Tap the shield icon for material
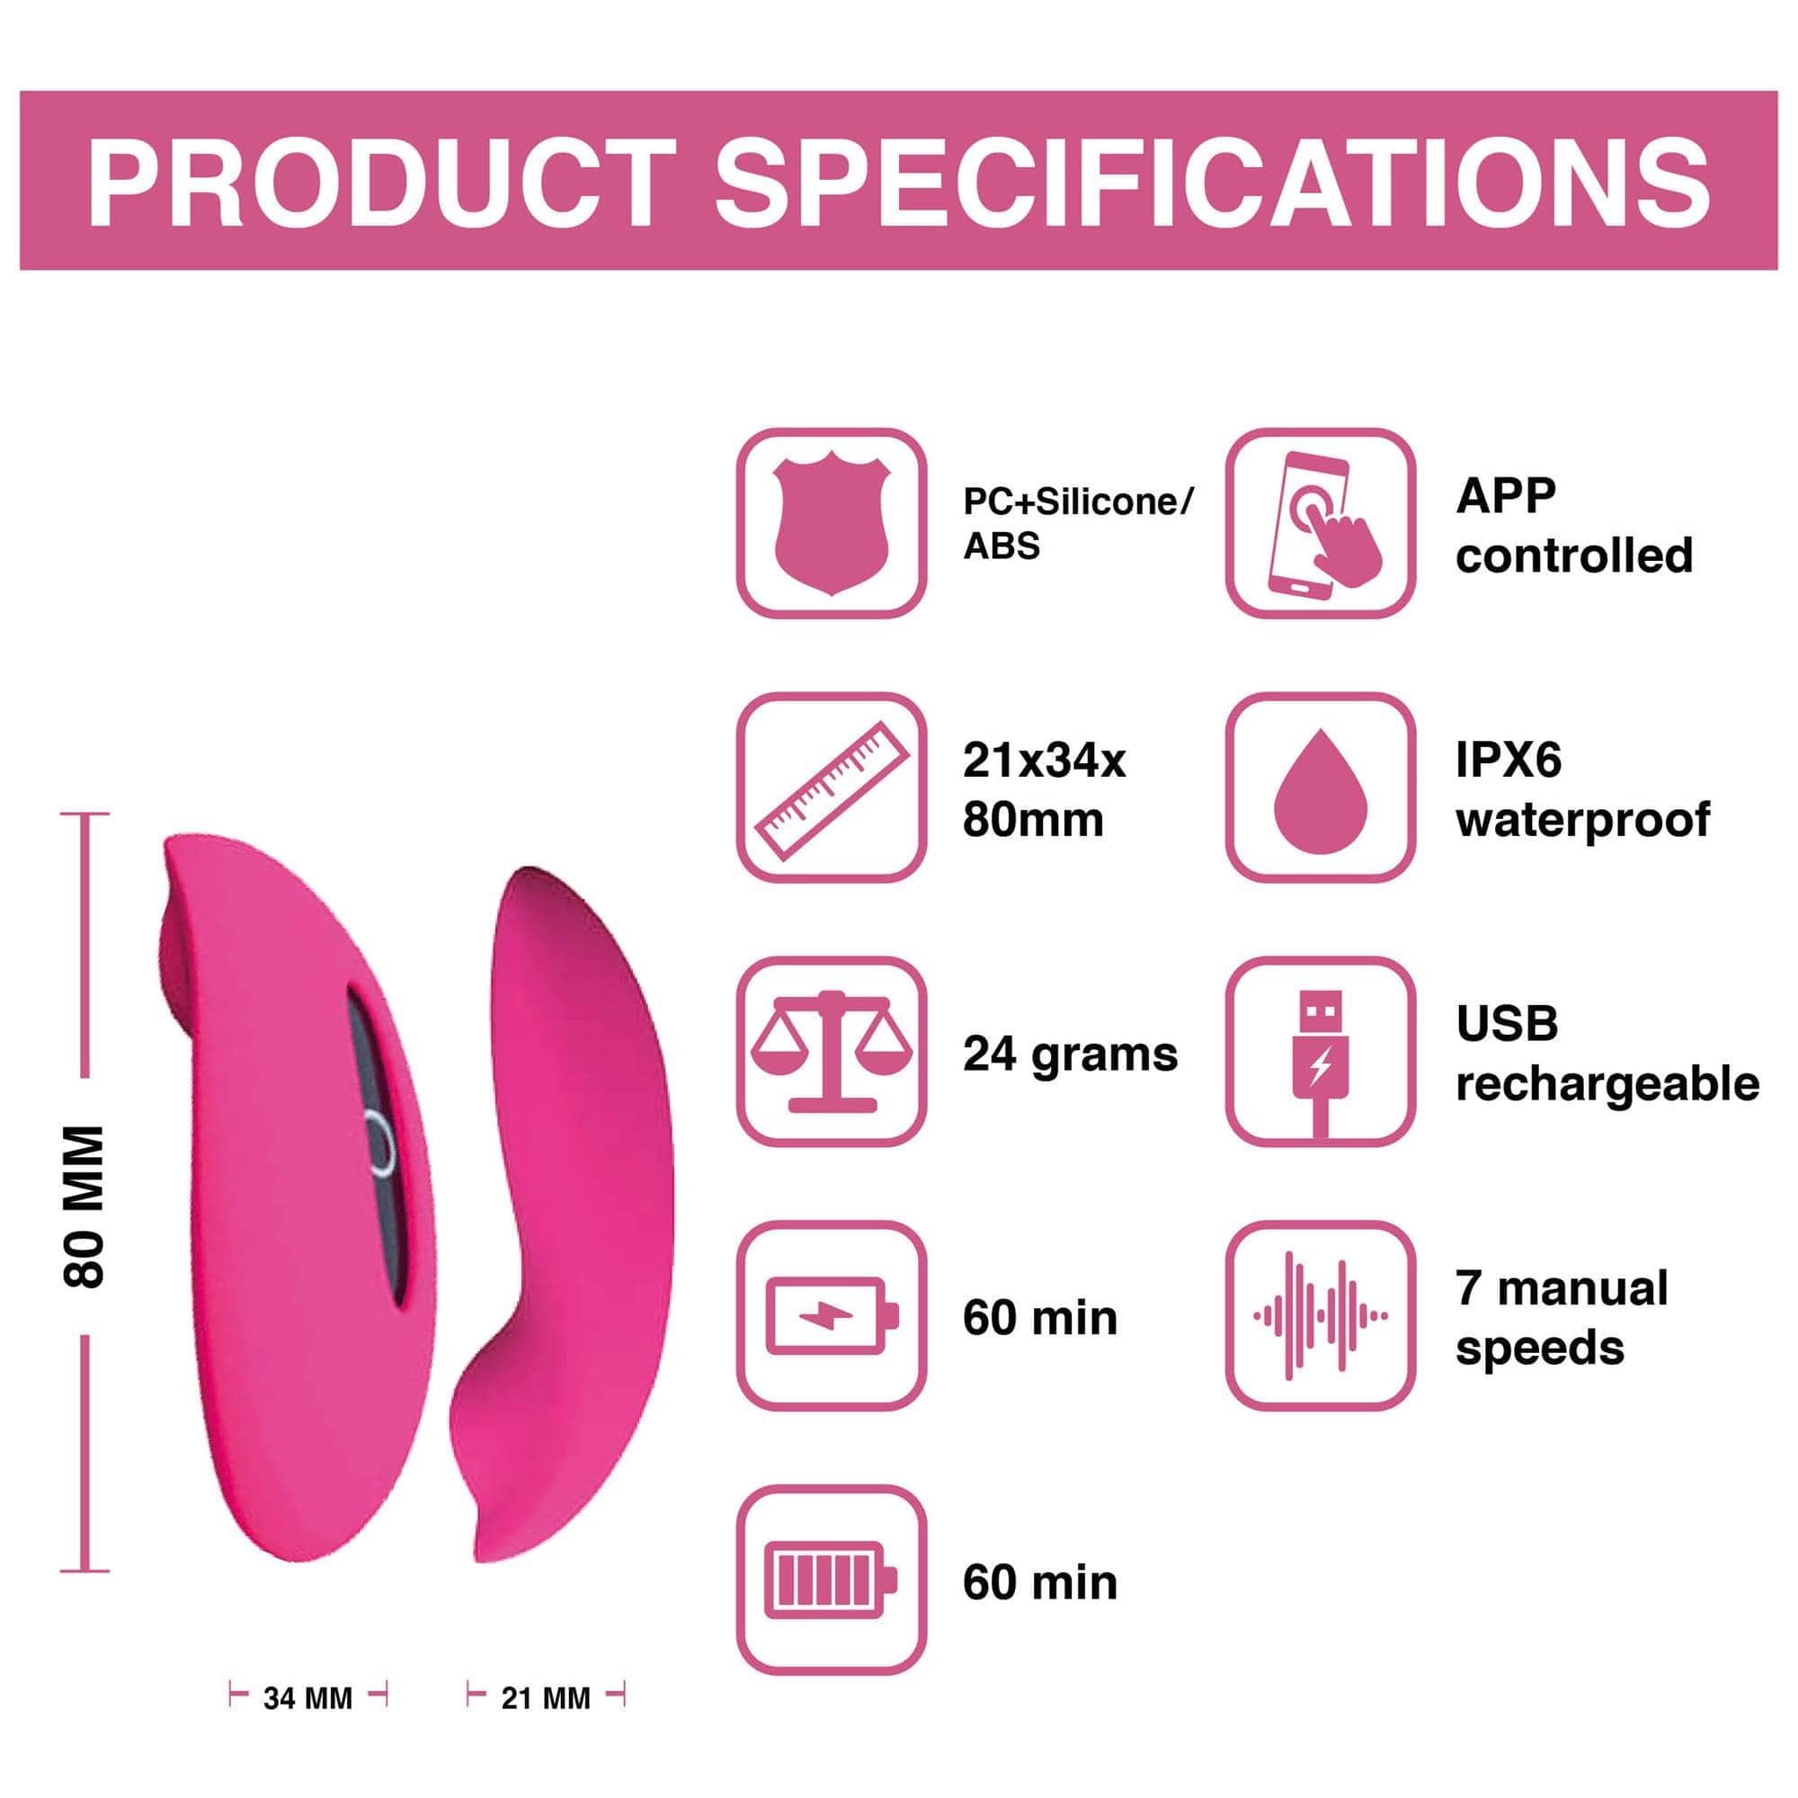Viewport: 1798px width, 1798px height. point(832,526)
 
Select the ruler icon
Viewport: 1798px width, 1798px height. point(832,790)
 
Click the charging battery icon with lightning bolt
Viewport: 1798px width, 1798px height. point(832,1316)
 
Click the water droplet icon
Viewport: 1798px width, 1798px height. point(1321,791)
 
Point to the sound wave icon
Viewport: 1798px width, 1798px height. point(1321,1316)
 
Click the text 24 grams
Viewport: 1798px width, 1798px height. point(1070,1055)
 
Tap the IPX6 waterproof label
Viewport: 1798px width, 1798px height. point(1583,790)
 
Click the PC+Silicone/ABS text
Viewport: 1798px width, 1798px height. point(1078,524)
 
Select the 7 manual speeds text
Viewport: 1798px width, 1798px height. point(1562,1318)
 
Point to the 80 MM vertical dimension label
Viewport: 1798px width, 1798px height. point(85,1207)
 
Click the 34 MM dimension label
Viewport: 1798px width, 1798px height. point(308,1698)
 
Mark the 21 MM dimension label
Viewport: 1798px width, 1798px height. point(547,1698)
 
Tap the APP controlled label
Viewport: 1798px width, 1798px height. point(1575,526)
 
